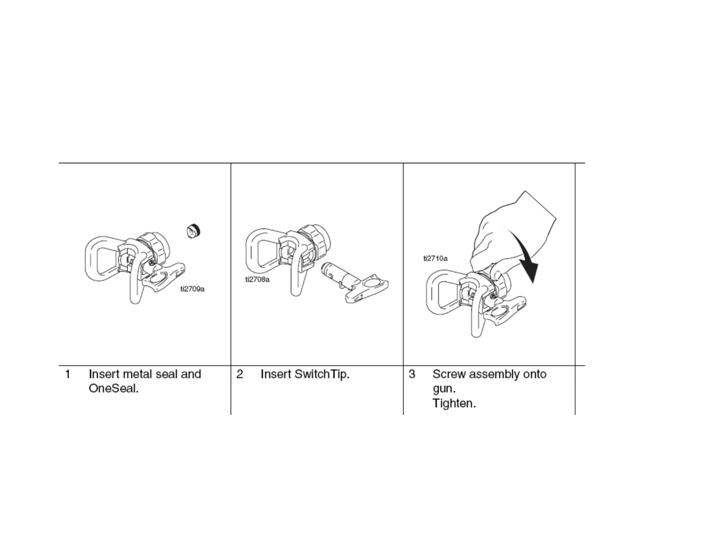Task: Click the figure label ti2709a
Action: coord(192,289)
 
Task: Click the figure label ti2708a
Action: coord(257,280)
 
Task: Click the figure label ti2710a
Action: coord(435,258)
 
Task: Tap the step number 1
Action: coord(68,374)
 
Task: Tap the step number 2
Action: coord(240,374)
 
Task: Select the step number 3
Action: coord(412,374)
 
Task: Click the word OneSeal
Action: coord(113,389)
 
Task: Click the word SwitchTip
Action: coord(321,374)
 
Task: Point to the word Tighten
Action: coord(453,403)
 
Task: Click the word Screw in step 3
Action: coord(449,374)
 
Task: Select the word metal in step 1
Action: coord(137,374)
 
